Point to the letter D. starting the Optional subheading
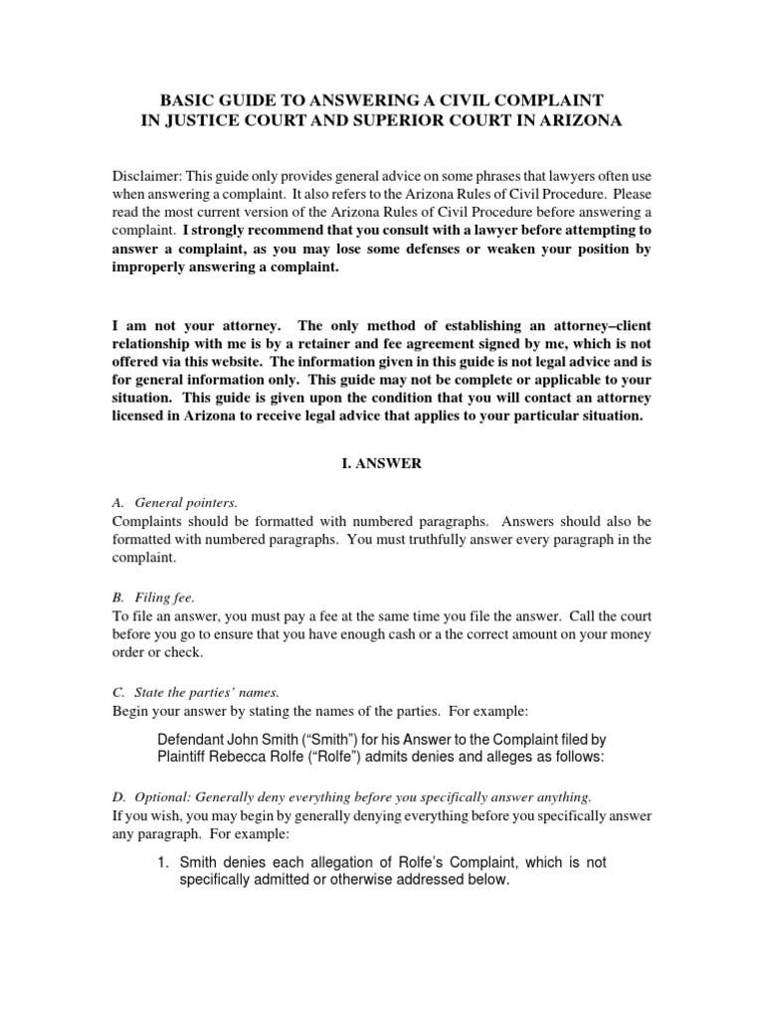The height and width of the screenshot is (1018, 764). point(118,796)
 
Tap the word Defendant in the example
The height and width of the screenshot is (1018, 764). point(195,739)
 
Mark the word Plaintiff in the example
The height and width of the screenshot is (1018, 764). point(189,757)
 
